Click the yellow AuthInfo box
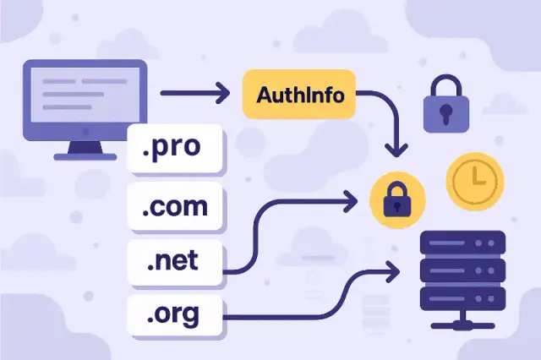[293, 94]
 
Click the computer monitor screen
[84, 95]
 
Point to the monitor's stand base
[84, 155]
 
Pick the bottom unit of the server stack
[462, 297]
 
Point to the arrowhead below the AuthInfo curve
[393, 150]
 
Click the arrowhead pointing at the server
[393, 272]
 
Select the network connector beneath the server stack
[462, 324]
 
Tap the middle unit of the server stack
[462, 271]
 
